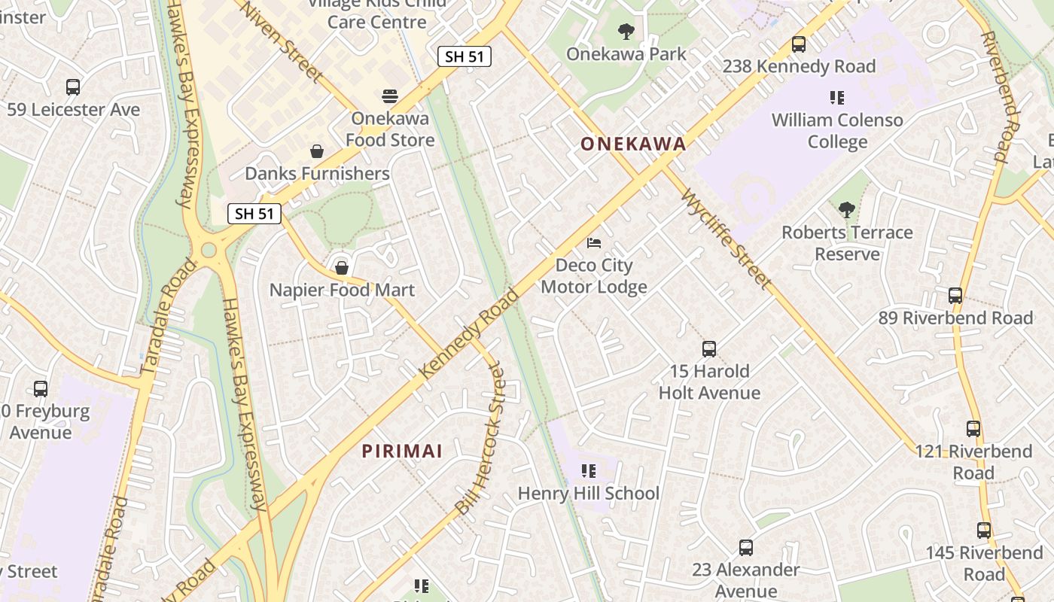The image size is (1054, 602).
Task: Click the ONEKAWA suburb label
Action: (633, 144)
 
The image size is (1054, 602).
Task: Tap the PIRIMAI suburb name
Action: (402, 451)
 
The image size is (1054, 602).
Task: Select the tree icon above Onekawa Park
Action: (626, 32)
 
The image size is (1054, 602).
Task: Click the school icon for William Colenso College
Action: (836, 98)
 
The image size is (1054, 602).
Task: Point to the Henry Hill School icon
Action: (588, 471)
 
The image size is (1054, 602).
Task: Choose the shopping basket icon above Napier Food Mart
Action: (342, 267)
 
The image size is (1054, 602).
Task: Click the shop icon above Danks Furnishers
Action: (317, 151)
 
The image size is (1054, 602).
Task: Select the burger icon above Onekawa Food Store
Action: (389, 96)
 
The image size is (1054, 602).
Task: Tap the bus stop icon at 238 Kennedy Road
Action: (799, 44)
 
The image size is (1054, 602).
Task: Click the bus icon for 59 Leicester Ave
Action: (73, 87)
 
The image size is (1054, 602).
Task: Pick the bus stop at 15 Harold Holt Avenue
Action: (708, 348)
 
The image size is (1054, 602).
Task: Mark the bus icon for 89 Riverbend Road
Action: (955, 296)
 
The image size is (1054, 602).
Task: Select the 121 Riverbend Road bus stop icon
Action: (973, 429)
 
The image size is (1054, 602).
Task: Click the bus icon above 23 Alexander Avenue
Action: (745, 548)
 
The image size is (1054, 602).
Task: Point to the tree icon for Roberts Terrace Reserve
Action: (847, 209)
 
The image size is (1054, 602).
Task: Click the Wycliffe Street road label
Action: (727, 238)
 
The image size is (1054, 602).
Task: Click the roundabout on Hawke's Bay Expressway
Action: (209, 249)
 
